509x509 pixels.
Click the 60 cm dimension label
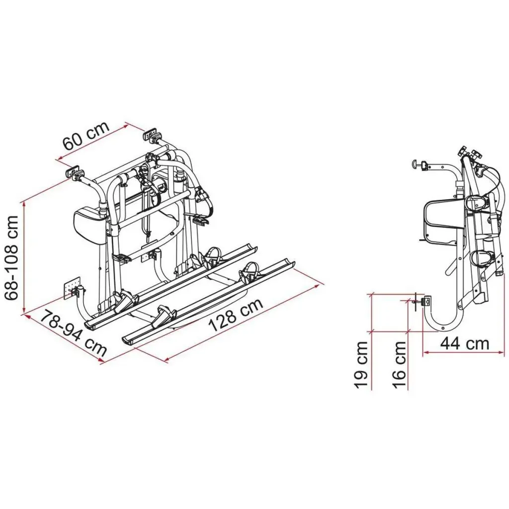85,136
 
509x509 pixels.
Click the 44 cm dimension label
465,343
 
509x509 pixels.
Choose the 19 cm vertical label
361,364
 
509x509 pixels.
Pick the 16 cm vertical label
399,364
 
